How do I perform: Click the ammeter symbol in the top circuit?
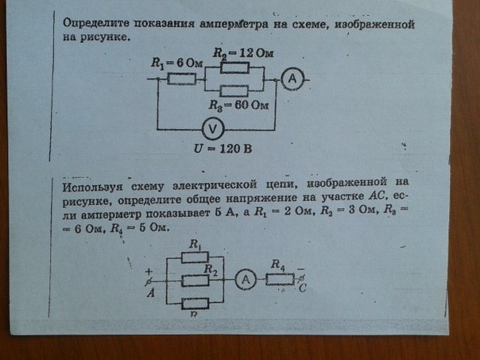click(x=292, y=79)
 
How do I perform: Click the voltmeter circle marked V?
click(x=213, y=129)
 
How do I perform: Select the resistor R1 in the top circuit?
click(x=181, y=79)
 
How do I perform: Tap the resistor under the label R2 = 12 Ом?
click(x=234, y=68)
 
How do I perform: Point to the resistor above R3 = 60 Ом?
click(x=234, y=91)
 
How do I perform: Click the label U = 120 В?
click(x=223, y=149)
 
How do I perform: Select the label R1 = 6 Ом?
click(x=177, y=64)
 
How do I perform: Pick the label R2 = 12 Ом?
click(x=243, y=53)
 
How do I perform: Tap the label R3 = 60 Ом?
click(x=238, y=106)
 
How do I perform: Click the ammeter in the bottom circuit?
click(x=246, y=280)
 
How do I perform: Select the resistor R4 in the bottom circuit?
click(x=280, y=280)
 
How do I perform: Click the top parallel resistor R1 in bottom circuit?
click(x=195, y=257)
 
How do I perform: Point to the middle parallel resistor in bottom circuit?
click(x=195, y=281)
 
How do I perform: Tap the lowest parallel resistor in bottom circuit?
click(x=195, y=304)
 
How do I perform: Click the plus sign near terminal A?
click(x=149, y=271)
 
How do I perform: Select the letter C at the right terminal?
click(x=303, y=288)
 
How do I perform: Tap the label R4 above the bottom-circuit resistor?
click(x=278, y=265)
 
